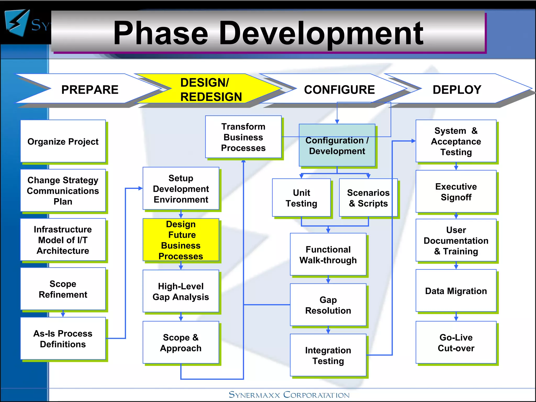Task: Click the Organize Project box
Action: [63, 141]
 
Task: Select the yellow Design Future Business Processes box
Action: [181, 240]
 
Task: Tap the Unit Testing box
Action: [301, 198]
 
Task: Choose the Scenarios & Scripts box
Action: [368, 198]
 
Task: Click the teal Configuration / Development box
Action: [337, 146]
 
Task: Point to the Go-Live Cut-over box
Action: [456, 342]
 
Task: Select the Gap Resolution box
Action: [328, 305]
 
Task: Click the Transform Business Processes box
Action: [243, 137]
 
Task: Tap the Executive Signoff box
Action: [456, 192]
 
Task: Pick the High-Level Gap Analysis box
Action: [181, 291]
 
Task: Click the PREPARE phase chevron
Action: [89, 90]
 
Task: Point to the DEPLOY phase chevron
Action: [457, 90]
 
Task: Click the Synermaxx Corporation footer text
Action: [289, 395]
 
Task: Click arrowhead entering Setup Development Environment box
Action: [140, 188]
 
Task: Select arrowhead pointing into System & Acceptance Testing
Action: [413, 141]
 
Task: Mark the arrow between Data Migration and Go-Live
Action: [456, 317]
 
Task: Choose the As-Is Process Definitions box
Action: [63, 339]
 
